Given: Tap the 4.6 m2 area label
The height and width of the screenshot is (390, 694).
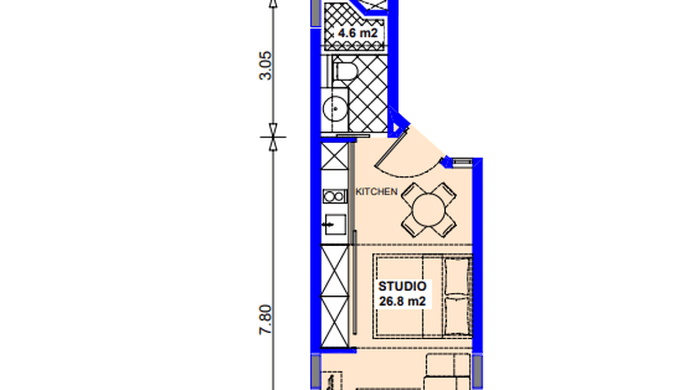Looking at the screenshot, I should (x=357, y=34).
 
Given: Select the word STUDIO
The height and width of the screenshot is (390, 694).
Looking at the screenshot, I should (x=402, y=287).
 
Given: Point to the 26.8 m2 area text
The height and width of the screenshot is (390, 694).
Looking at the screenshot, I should (x=402, y=301).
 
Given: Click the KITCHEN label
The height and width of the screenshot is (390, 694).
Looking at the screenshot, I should (x=377, y=192).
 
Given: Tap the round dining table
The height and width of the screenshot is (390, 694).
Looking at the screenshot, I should (x=429, y=209).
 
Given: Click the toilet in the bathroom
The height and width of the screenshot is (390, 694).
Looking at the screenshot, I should (x=343, y=71).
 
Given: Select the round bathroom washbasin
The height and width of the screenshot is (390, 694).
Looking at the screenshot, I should (x=334, y=109).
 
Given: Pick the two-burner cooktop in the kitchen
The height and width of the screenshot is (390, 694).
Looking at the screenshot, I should (x=335, y=196).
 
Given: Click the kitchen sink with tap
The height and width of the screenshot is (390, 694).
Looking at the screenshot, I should (x=334, y=225).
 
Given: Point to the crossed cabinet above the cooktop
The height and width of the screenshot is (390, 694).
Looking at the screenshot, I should (x=335, y=155).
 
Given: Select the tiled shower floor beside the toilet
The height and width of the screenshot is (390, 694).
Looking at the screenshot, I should (x=368, y=93).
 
